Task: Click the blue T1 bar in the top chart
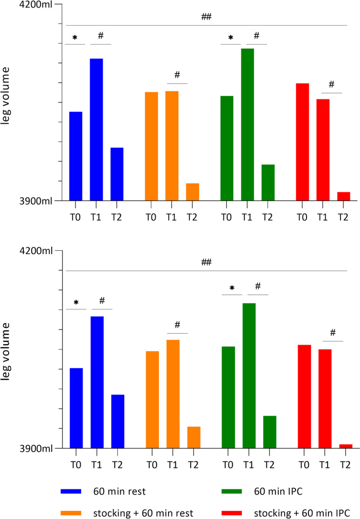coord(96,130)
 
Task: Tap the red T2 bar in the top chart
coord(344,196)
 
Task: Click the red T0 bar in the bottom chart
coord(304,396)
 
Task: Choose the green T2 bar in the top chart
coord(268,182)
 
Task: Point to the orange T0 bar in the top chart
coord(151,146)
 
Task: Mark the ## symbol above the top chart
coord(206,17)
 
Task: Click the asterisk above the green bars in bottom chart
coord(232,288)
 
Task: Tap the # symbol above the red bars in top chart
coord(332,85)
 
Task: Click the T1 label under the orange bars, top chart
coord(171,217)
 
